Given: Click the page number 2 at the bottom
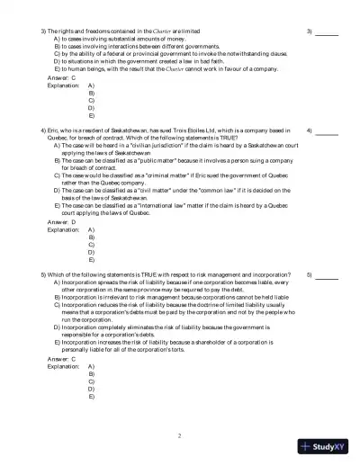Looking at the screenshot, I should click(x=180, y=436).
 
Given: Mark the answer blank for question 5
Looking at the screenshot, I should click(x=326, y=274).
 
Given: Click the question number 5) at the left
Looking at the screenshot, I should click(x=44, y=274).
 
